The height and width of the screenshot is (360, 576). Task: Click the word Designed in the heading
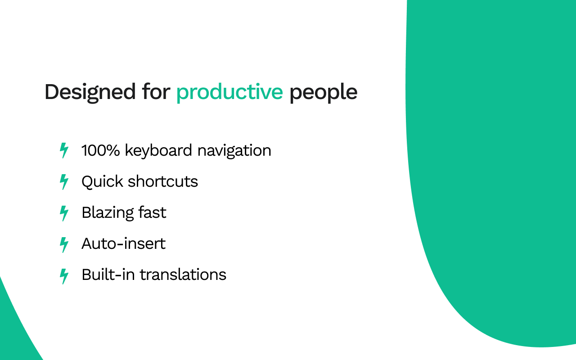90,93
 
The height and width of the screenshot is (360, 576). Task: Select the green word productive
229,93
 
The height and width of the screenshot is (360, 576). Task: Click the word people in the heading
324,93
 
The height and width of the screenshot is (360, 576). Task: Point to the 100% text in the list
100,150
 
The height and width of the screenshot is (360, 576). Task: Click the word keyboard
158,151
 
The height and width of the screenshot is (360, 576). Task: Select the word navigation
234,151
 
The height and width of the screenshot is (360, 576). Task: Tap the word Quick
102,182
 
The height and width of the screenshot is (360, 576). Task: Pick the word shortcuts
163,181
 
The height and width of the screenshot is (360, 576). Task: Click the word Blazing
107,213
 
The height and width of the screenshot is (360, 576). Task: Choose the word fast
152,212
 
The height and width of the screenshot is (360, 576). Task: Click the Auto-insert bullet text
123,243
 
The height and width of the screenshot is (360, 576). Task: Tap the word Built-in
108,274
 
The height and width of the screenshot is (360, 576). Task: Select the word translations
183,274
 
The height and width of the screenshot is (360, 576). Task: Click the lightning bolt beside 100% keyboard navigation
64,150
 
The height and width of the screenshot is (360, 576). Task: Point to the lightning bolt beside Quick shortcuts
64,182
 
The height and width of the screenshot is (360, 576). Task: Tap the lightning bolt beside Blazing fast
64,213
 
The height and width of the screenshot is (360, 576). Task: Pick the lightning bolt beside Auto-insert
64,245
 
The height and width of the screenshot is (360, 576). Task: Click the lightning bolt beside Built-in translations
64,276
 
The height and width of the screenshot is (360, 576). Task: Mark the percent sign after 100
112,150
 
